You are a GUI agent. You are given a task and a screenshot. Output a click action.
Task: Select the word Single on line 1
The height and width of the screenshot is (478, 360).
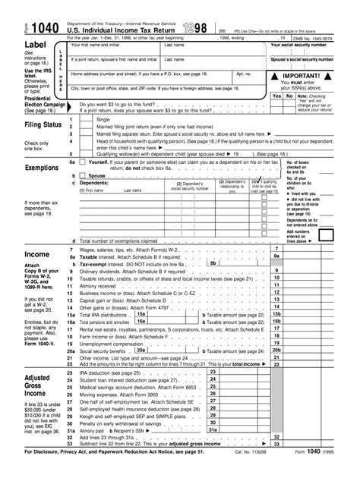point(104,119)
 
